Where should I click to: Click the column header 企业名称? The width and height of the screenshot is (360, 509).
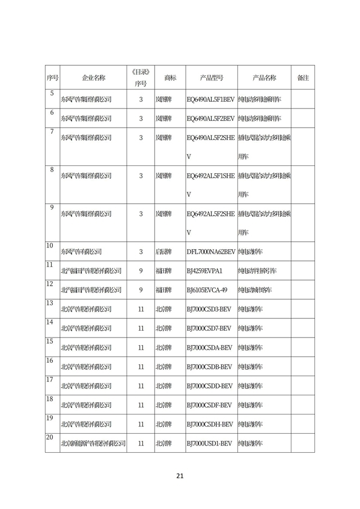pyautogui.click(x=93, y=78)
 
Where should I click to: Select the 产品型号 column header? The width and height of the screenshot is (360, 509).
pyautogui.click(x=211, y=78)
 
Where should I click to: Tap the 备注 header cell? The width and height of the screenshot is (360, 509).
pyautogui.click(x=303, y=78)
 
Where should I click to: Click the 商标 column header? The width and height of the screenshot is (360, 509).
pyautogui.click(x=170, y=78)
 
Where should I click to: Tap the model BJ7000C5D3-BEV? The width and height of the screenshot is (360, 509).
pyautogui.click(x=209, y=309)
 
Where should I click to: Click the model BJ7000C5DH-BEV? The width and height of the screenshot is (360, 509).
pyautogui.click(x=210, y=424)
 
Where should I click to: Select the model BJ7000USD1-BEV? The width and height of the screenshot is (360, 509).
pyautogui.click(x=209, y=443)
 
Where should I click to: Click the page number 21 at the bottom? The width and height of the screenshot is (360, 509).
pyautogui.click(x=180, y=476)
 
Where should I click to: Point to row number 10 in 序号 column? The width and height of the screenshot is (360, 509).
pyautogui.click(x=49, y=246)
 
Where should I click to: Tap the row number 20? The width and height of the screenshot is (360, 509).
pyautogui.click(x=49, y=438)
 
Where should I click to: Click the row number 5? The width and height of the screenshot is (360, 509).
pyautogui.click(x=52, y=93)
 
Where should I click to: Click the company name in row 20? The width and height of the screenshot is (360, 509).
pyautogui.click(x=93, y=443)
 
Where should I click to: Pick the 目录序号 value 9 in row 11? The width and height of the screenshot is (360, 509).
pyautogui.click(x=141, y=271)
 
